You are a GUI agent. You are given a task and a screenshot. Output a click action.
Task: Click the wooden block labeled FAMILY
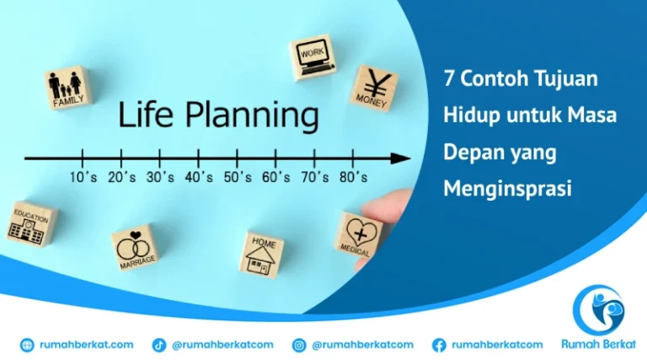click(x=68, y=88)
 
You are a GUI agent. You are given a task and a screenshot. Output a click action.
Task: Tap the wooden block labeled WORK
click(x=312, y=57)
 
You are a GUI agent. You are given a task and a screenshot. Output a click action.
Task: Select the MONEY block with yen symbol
click(x=372, y=88)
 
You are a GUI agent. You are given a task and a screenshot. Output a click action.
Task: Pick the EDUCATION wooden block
click(x=31, y=223)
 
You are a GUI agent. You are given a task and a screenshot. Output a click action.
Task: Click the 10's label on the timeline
click(x=83, y=177)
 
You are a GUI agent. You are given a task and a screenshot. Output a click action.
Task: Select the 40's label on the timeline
click(x=198, y=177)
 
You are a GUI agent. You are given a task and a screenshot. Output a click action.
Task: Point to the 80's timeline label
click(x=352, y=177)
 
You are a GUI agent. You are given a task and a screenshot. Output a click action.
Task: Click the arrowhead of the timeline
click(x=403, y=158)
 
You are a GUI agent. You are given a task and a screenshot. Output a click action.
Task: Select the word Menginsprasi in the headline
click(x=507, y=189)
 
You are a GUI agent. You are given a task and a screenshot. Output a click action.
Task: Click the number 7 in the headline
click(x=449, y=78)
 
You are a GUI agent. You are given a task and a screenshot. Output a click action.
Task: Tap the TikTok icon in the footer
click(x=158, y=344)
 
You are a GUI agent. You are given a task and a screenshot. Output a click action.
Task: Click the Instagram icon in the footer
click(x=299, y=344)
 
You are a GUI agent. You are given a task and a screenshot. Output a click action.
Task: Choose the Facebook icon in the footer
click(x=439, y=344)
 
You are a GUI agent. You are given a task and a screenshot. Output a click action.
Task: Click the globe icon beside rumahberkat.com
click(x=27, y=344)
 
